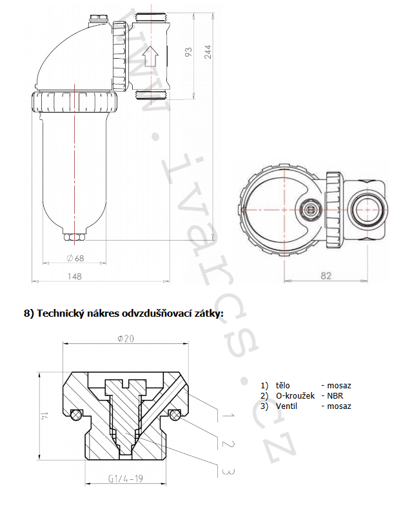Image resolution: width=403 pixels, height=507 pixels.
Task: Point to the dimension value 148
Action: tap(74, 276)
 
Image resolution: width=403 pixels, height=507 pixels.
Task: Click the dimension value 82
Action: tap(325, 275)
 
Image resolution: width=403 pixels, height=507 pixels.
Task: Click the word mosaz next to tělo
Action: tap(339, 386)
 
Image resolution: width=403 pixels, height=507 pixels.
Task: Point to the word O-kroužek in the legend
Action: tap(295, 395)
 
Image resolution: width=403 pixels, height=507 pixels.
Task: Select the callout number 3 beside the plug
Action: tap(226, 472)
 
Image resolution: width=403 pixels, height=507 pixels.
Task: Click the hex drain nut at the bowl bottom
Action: tap(75, 237)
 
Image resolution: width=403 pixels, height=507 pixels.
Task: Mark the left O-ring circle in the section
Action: tap(77, 413)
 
